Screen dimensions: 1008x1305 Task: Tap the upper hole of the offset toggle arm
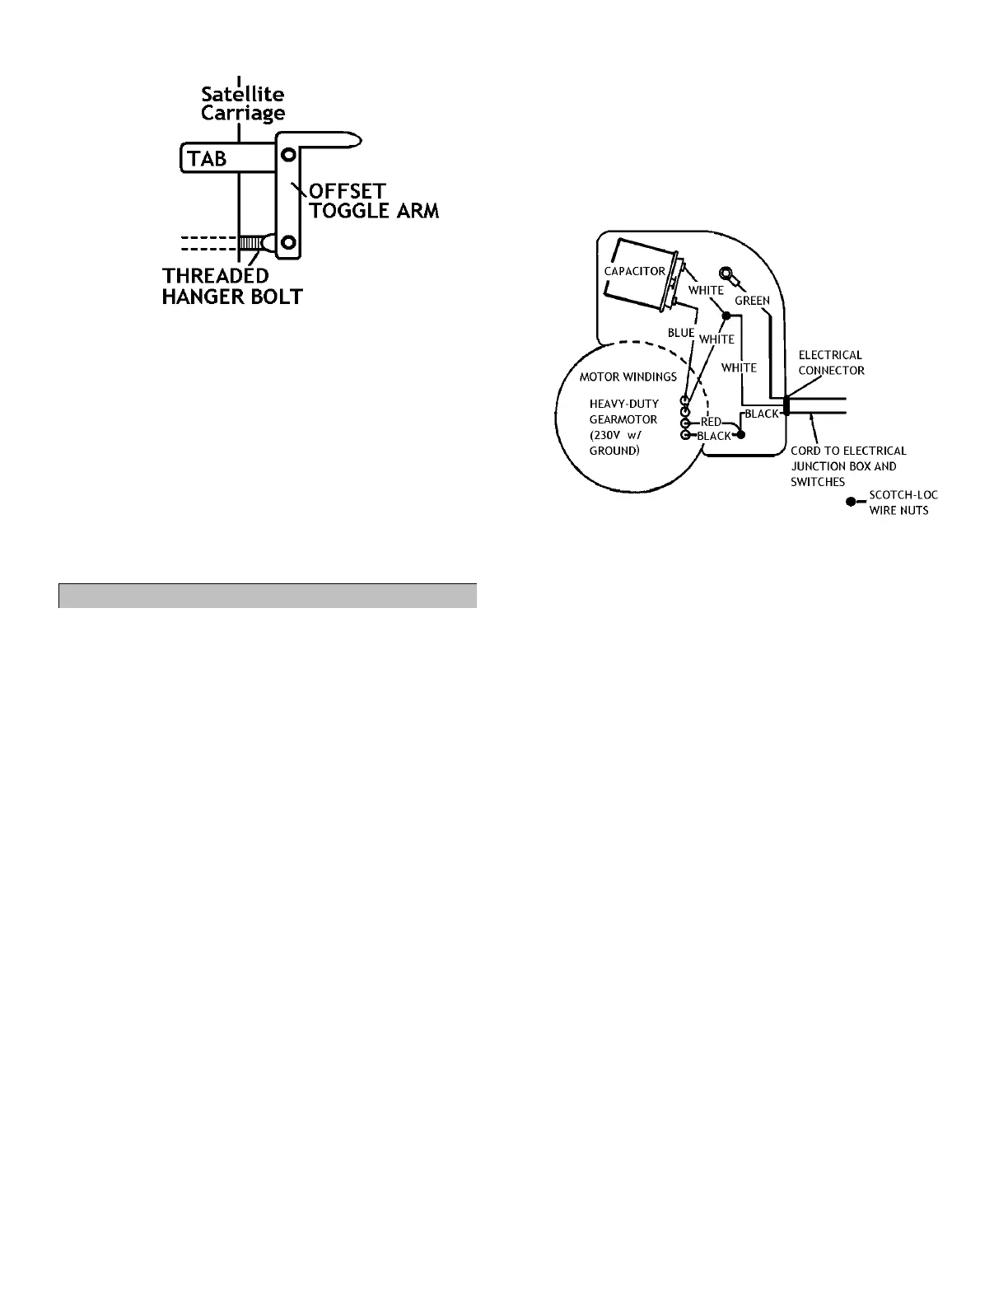pos(288,154)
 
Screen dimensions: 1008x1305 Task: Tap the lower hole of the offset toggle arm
pos(288,242)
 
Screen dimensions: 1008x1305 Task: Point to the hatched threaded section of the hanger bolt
pos(250,243)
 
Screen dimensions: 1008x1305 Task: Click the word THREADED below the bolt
pos(216,276)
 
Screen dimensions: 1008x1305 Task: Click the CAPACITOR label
pos(635,270)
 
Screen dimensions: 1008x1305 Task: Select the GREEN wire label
pos(752,301)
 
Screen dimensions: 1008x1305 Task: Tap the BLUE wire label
pos(681,333)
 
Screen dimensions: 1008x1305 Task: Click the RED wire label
pos(711,422)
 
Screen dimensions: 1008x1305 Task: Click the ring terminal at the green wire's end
pos(727,274)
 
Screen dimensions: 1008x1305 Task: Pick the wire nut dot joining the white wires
pos(726,315)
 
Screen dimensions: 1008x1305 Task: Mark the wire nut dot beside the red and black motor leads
pos(740,434)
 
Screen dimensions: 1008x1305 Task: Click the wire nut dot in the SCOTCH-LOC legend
pos(851,501)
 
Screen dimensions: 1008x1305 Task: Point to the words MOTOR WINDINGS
pos(628,377)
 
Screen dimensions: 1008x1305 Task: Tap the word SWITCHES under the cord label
pos(818,482)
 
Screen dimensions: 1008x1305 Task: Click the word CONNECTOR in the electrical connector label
pos(832,371)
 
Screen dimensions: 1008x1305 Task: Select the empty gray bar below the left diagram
pos(268,596)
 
